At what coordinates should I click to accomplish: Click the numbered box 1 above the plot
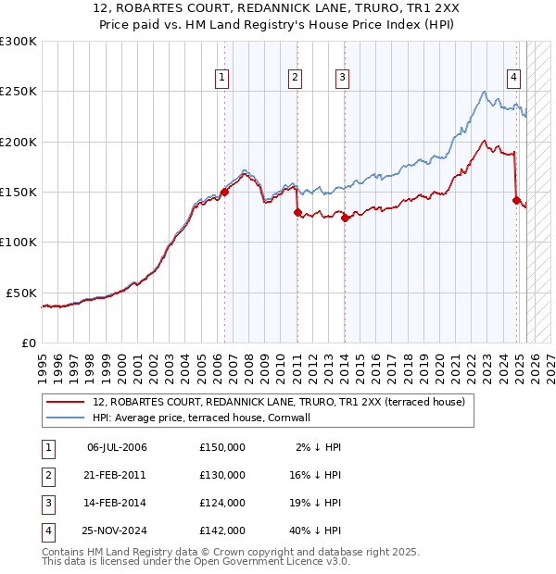pos(223,78)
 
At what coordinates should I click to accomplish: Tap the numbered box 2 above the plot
pos(295,78)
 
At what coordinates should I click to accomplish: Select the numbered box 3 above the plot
pos(342,78)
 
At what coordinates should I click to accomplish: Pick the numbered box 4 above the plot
pos(512,78)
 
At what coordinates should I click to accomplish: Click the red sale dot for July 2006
pos(224,192)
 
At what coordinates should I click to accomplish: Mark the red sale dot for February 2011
pos(297,212)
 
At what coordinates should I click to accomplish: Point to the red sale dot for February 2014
pos(345,218)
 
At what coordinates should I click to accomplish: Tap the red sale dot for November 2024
pos(516,199)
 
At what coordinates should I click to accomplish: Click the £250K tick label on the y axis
pos(19,92)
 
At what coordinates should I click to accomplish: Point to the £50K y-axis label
pos(22,293)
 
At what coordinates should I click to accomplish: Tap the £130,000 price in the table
pos(222,475)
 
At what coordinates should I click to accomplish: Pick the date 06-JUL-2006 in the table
pos(117,447)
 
